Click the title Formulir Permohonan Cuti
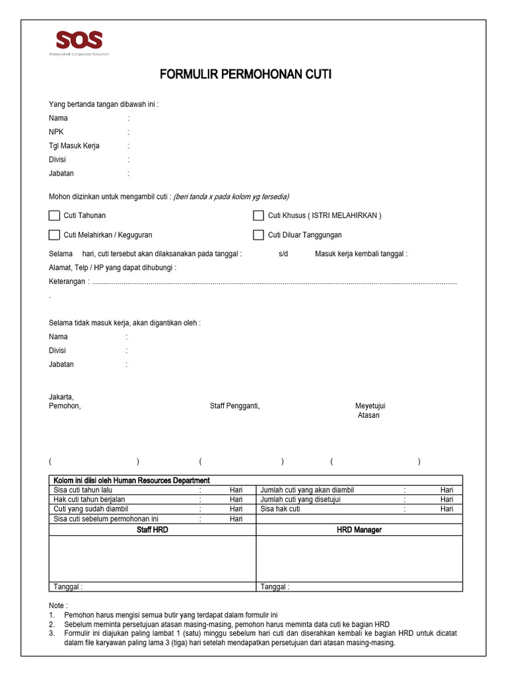pyautogui.click(x=246, y=75)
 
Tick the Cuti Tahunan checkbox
pyautogui.click(x=54, y=215)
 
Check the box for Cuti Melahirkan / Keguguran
pyautogui.click(x=54, y=235)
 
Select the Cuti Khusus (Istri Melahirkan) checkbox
pyautogui.click(x=259, y=215)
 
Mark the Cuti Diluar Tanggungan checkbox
pyautogui.click(x=259, y=235)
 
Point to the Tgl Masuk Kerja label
pyautogui.click(x=74, y=146)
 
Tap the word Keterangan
pyautogui.click(x=67, y=282)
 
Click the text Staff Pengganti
pyautogui.click(x=234, y=406)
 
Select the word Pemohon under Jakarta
pyautogui.click(x=65, y=406)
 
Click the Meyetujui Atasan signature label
pyautogui.click(x=370, y=411)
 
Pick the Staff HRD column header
pyautogui.click(x=152, y=529)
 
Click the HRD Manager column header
pyautogui.click(x=359, y=529)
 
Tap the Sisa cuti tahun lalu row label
pyautogui.click(x=83, y=490)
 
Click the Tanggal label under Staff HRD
pyautogui.click(x=68, y=587)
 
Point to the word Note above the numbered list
pyautogui.click(x=57, y=605)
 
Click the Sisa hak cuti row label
pyautogui.click(x=280, y=509)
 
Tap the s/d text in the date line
pyautogui.click(x=283, y=254)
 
